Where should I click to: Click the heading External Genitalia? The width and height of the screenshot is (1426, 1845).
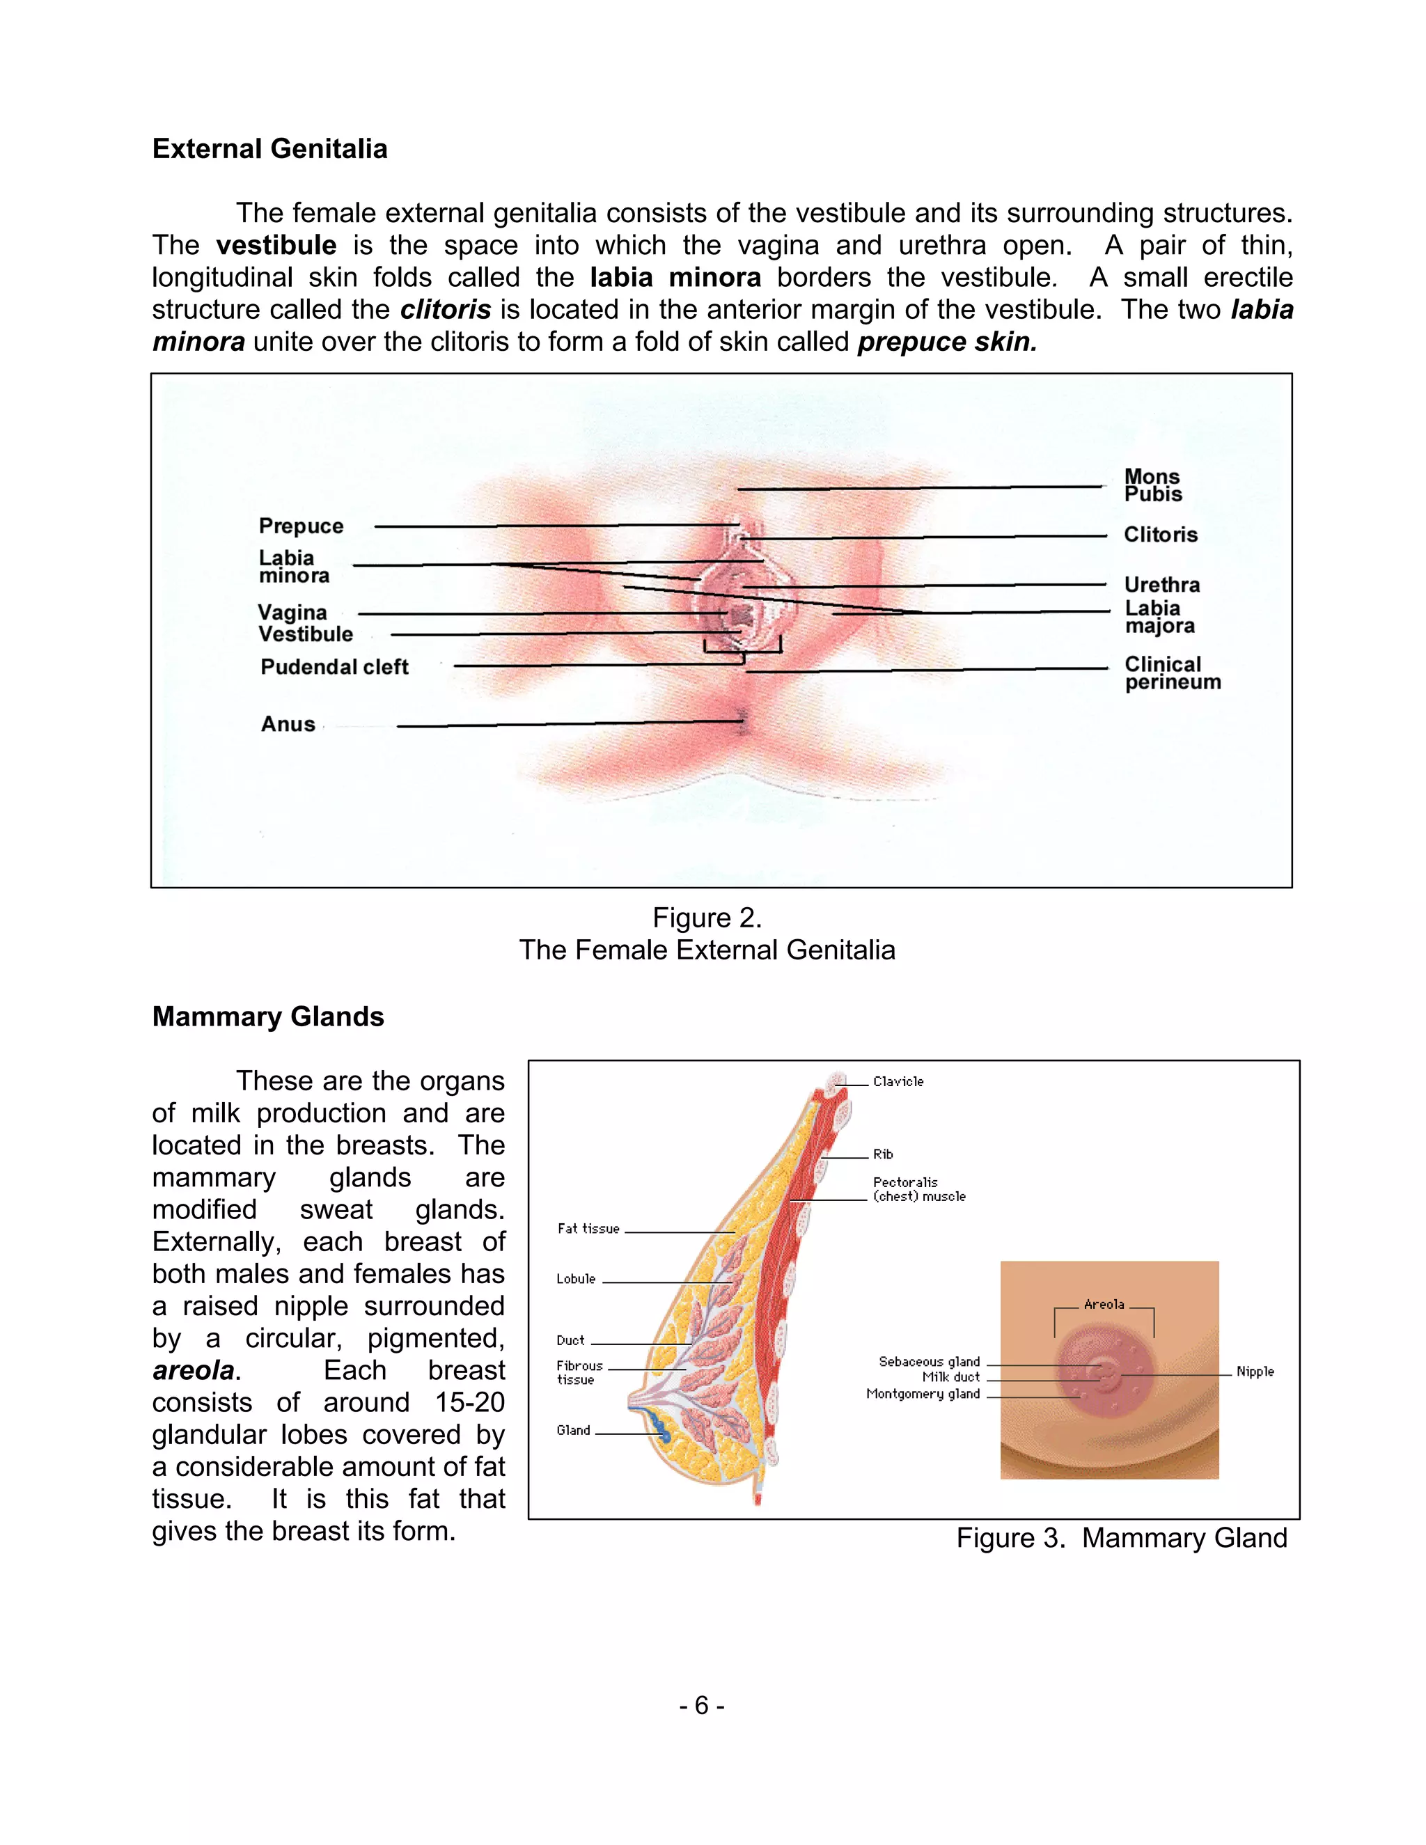pyautogui.click(x=269, y=149)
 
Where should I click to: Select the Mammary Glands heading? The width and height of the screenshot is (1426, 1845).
pyautogui.click(x=268, y=1016)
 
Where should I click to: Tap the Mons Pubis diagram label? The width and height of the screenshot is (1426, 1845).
pyautogui.click(x=1152, y=486)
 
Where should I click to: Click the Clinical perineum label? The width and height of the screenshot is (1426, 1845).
pyautogui.click(x=1172, y=673)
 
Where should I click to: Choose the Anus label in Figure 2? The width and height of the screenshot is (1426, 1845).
pyautogui.click(x=288, y=724)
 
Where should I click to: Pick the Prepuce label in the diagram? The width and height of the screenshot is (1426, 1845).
pyautogui.click(x=301, y=526)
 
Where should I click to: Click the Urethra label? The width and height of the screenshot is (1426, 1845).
pyautogui.click(x=1161, y=585)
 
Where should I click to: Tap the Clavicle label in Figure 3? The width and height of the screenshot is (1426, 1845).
pyautogui.click(x=898, y=1081)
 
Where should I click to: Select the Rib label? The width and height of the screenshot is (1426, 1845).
pyautogui.click(x=883, y=1154)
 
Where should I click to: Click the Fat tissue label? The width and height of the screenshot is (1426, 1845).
pyautogui.click(x=588, y=1228)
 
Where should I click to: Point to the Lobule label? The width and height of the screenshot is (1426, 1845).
pyautogui.click(x=576, y=1279)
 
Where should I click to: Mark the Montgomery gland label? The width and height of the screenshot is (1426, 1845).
pyautogui.click(x=923, y=1394)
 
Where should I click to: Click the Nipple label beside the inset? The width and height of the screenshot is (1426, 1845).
pyautogui.click(x=1255, y=1371)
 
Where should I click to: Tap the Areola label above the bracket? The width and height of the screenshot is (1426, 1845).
pyautogui.click(x=1104, y=1304)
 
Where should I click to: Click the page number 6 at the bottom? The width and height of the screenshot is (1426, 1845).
pyautogui.click(x=701, y=1706)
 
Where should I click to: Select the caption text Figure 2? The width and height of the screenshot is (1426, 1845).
pyautogui.click(x=707, y=918)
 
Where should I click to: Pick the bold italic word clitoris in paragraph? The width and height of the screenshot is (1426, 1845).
pyautogui.click(x=445, y=309)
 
